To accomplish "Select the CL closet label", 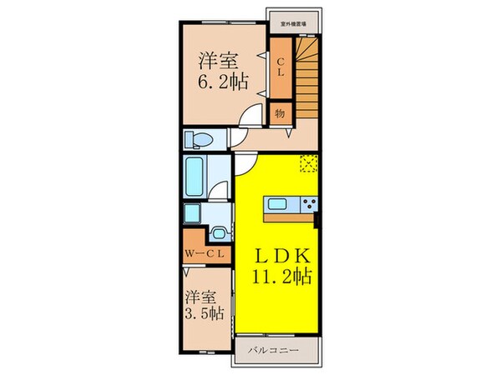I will pyautogui.click(x=281, y=66).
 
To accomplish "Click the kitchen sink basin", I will pyautogui.click(x=276, y=204).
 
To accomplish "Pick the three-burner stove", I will pyautogui.click(x=308, y=204).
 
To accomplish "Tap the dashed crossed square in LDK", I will pyautogui.click(x=307, y=163).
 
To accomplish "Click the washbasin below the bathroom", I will pyautogui.click(x=219, y=233).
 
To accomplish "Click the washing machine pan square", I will pyautogui.click(x=191, y=215).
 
